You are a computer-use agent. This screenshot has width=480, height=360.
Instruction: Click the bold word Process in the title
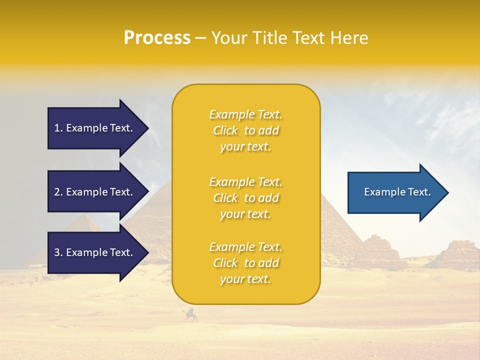[x=157, y=38]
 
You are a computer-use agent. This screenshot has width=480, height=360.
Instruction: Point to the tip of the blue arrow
[x=447, y=192]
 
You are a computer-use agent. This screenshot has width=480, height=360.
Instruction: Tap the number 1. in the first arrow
[x=58, y=128]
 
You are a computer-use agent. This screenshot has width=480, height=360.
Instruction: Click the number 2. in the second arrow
[x=58, y=192]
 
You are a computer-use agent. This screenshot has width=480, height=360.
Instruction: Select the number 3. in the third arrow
[x=58, y=252]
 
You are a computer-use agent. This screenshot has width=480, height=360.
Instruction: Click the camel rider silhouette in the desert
[x=191, y=315]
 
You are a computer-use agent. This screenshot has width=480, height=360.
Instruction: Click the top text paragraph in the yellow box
[x=245, y=130]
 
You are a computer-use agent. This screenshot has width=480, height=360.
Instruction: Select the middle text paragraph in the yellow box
[x=245, y=198]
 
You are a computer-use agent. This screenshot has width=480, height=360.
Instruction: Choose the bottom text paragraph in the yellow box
[x=245, y=263]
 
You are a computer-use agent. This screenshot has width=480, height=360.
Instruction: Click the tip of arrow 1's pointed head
[x=148, y=128]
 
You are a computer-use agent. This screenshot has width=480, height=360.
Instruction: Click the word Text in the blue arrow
[x=419, y=192]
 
